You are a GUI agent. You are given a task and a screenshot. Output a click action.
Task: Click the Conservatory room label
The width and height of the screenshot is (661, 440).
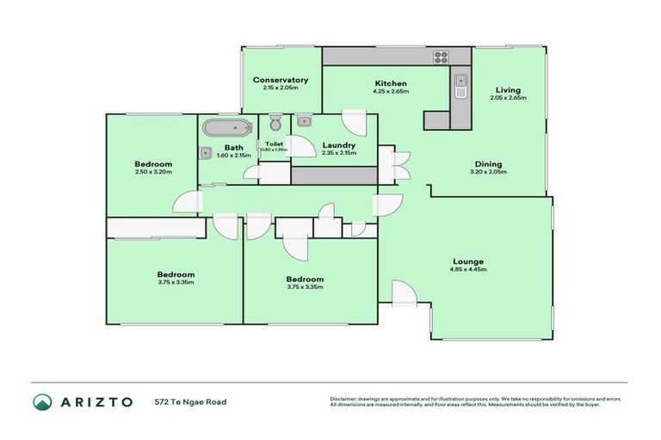[281, 80]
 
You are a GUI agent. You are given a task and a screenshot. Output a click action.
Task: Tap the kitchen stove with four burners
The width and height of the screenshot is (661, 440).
[442, 58]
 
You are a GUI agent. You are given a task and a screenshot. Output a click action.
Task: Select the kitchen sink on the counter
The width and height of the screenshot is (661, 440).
[460, 86]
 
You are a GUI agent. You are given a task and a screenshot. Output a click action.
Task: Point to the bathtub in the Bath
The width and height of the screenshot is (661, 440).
[227, 130]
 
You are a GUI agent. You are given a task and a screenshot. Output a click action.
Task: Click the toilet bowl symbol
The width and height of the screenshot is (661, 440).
[275, 123]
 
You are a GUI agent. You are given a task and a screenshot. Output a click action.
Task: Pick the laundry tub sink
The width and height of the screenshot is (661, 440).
[305, 121]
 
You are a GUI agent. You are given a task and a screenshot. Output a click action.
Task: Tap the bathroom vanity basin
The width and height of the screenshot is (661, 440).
[206, 154]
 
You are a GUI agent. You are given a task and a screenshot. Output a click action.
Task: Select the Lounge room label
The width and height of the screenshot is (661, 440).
[469, 261]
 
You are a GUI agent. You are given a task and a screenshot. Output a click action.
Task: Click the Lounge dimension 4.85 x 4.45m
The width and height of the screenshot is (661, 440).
[469, 270]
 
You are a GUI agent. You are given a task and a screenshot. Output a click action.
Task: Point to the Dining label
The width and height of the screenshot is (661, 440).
[489, 164]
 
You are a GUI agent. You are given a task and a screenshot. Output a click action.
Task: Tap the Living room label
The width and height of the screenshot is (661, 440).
[507, 89]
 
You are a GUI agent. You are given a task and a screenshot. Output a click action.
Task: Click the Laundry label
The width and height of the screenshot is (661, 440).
[338, 145]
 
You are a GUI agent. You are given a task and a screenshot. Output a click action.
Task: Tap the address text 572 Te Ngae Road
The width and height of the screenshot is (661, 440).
[190, 401]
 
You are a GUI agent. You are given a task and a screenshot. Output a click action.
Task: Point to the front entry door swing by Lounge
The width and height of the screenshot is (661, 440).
[403, 293]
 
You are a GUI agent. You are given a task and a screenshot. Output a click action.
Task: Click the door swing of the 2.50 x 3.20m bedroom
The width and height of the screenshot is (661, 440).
[184, 202]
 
